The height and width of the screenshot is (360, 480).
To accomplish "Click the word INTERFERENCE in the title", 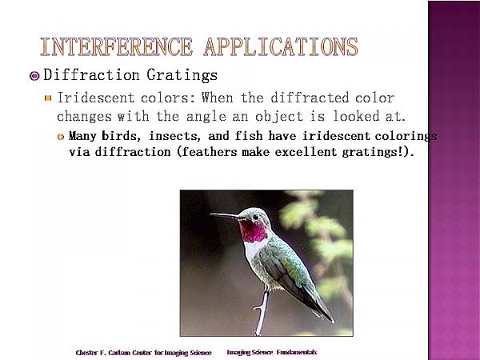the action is pos(116,47).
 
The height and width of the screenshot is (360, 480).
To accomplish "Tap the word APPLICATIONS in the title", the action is pos(281,47).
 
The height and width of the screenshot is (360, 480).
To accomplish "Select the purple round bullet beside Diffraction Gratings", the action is pos(34,76).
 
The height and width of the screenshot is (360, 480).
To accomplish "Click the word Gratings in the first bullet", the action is pos(182,75).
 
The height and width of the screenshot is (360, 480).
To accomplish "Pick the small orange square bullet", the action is pos(48,98).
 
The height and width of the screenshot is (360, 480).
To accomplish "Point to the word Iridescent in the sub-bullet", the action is pos(96,98).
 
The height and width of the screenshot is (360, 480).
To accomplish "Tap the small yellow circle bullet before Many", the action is pos(61,137).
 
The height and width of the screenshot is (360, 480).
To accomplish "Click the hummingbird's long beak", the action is pos(224,216).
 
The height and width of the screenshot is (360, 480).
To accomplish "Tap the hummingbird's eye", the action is pos(255,217).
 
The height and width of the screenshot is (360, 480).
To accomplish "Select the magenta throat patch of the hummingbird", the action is pos(253,231).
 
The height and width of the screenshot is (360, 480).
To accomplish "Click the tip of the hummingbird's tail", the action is pos(333,322).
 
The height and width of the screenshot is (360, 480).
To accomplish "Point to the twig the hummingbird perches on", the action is pos(262,312).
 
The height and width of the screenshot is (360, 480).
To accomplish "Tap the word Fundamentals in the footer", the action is pos(297,352).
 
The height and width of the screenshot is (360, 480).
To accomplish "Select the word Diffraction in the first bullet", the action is pos(91,75).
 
